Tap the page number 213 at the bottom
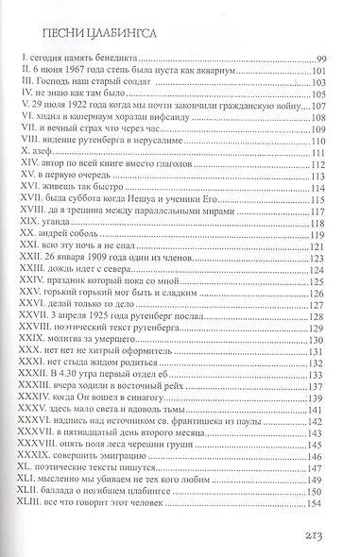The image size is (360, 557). pos(317,539)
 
